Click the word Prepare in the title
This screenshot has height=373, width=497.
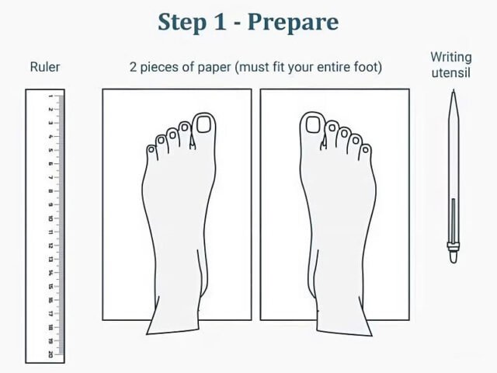tap(294, 23)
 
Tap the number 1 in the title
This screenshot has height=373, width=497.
tap(220, 22)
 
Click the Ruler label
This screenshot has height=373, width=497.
tap(45, 67)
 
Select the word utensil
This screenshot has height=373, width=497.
tap(451, 73)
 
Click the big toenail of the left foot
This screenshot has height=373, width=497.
tap(203, 124)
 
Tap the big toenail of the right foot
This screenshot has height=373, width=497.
tap(313, 124)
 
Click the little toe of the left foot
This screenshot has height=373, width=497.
tap(152, 152)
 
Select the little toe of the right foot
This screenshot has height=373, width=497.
tap(366, 152)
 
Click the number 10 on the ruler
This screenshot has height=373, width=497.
tap(50, 218)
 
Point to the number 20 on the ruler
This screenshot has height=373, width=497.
tap(50, 354)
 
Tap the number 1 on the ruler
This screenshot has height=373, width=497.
tap(50, 96)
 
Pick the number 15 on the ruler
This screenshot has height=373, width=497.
tap(50, 287)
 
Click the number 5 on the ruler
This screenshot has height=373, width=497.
tap(50, 150)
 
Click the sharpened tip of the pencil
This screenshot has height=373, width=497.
tap(454, 90)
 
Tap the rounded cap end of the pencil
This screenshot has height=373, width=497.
tap(454, 257)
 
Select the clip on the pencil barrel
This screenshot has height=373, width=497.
tap(454, 221)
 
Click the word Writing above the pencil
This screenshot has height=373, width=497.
tap(451, 58)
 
